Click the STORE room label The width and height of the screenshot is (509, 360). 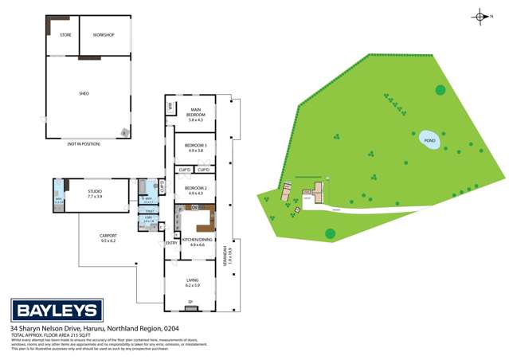tap(65, 35)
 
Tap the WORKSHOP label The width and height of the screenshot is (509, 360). tap(104, 35)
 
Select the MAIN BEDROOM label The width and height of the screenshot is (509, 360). tap(195, 112)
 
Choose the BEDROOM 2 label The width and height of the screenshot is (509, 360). tap(196, 189)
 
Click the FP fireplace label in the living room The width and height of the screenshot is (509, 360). tap(190, 301)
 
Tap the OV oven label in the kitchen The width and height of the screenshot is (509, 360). tap(194, 208)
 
